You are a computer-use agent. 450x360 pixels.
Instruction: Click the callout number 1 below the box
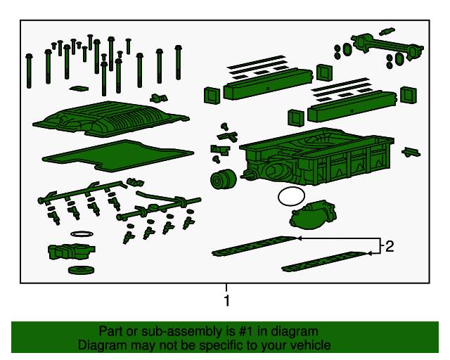point(226,300)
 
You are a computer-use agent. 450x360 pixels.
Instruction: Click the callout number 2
point(390,246)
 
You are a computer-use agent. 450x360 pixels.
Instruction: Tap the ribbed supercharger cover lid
point(110,118)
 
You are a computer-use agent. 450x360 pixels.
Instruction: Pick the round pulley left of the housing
point(223,179)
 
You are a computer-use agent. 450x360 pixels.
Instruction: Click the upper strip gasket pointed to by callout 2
point(254,246)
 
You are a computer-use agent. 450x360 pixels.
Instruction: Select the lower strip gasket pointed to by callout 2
point(324,262)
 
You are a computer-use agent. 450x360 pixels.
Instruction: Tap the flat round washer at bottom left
point(82,270)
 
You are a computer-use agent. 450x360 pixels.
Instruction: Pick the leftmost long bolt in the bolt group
point(29,71)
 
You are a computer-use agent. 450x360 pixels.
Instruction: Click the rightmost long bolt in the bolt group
point(178,63)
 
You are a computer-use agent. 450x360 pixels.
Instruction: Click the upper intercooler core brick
point(267,84)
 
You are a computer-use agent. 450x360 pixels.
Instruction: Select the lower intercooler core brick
point(352,106)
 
